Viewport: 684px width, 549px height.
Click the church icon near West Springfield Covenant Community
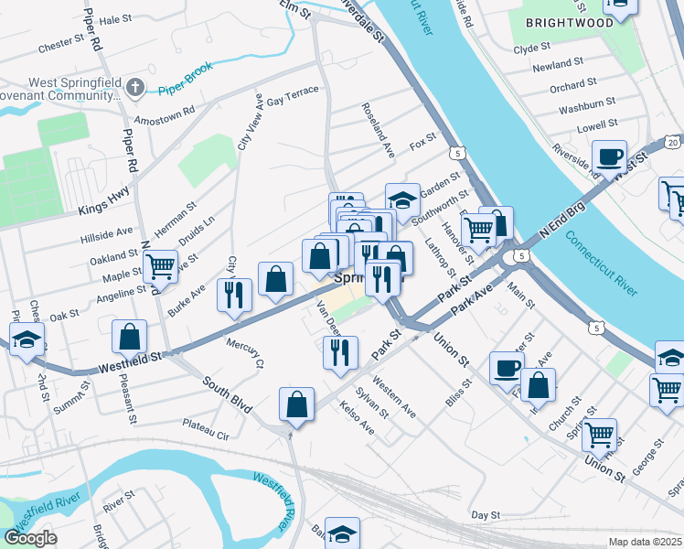pyautogui.click(x=135, y=89)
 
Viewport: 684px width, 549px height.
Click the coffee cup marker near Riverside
pyautogui.click(x=609, y=156)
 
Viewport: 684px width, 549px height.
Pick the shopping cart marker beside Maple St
pyautogui.click(x=160, y=266)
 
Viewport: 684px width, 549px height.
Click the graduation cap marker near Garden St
pyautogui.click(x=402, y=199)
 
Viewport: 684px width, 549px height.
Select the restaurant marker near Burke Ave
pyautogui.click(x=234, y=295)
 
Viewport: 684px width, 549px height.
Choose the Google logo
pyautogui.click(x=30, y=538)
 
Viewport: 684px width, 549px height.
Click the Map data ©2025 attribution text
pyautogui.click(x=646, y=542)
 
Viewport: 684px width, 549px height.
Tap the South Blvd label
pyautogui.click(x=227, y=396)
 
